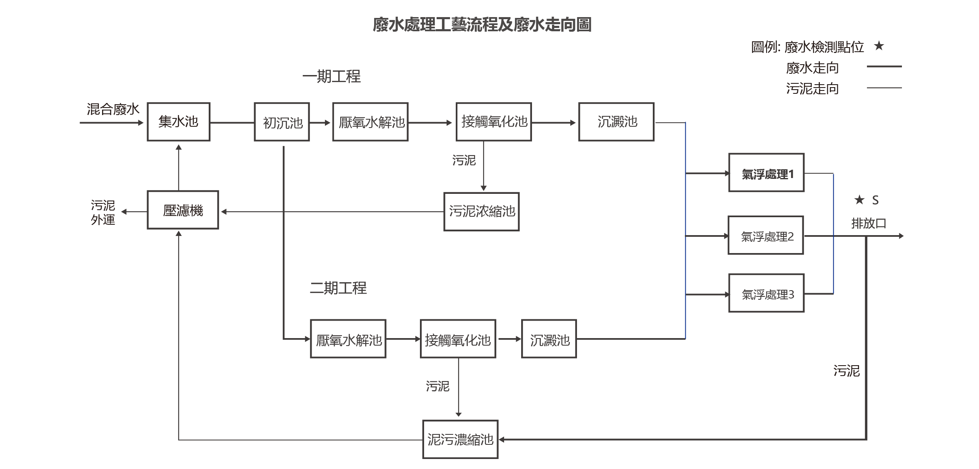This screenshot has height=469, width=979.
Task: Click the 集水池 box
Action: [x=178, y=122]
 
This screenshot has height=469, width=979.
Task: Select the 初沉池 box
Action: [x=282, y=122]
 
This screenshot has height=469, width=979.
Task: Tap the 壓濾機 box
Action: [x=182, y=210]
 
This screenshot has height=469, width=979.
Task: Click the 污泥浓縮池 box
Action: [x=481, y=211]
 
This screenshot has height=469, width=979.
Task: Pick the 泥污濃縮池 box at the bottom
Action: [x=460, y=439]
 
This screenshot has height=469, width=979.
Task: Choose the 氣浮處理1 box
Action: [x=766, y=173]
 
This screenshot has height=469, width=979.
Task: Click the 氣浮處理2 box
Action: [x=765, y=235]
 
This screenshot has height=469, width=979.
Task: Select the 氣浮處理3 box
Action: [x=766, y=293]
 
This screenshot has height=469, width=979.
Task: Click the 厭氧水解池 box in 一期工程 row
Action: [x=370, y=122]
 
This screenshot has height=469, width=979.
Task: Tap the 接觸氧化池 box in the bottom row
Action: [x=458, y=339]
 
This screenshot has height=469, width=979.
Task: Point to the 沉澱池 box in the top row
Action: [x=616, y=122]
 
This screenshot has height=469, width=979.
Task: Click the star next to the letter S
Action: [x=859, y=200]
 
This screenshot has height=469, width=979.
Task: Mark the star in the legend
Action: [x=879, y=46]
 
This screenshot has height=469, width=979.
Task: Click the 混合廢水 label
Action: [x=113, y=109]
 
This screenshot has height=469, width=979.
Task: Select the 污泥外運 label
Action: [x=103, y=212]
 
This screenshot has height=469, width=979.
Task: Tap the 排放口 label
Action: [x=868, y=223]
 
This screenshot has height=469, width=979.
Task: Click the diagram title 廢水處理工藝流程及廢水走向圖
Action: [x=482, y=25]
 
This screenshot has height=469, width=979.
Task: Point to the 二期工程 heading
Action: [x=338, y=288]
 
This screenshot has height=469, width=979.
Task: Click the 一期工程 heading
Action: [x=331, y=77]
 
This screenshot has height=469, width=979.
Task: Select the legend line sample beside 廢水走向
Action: [x=884, y=66]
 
